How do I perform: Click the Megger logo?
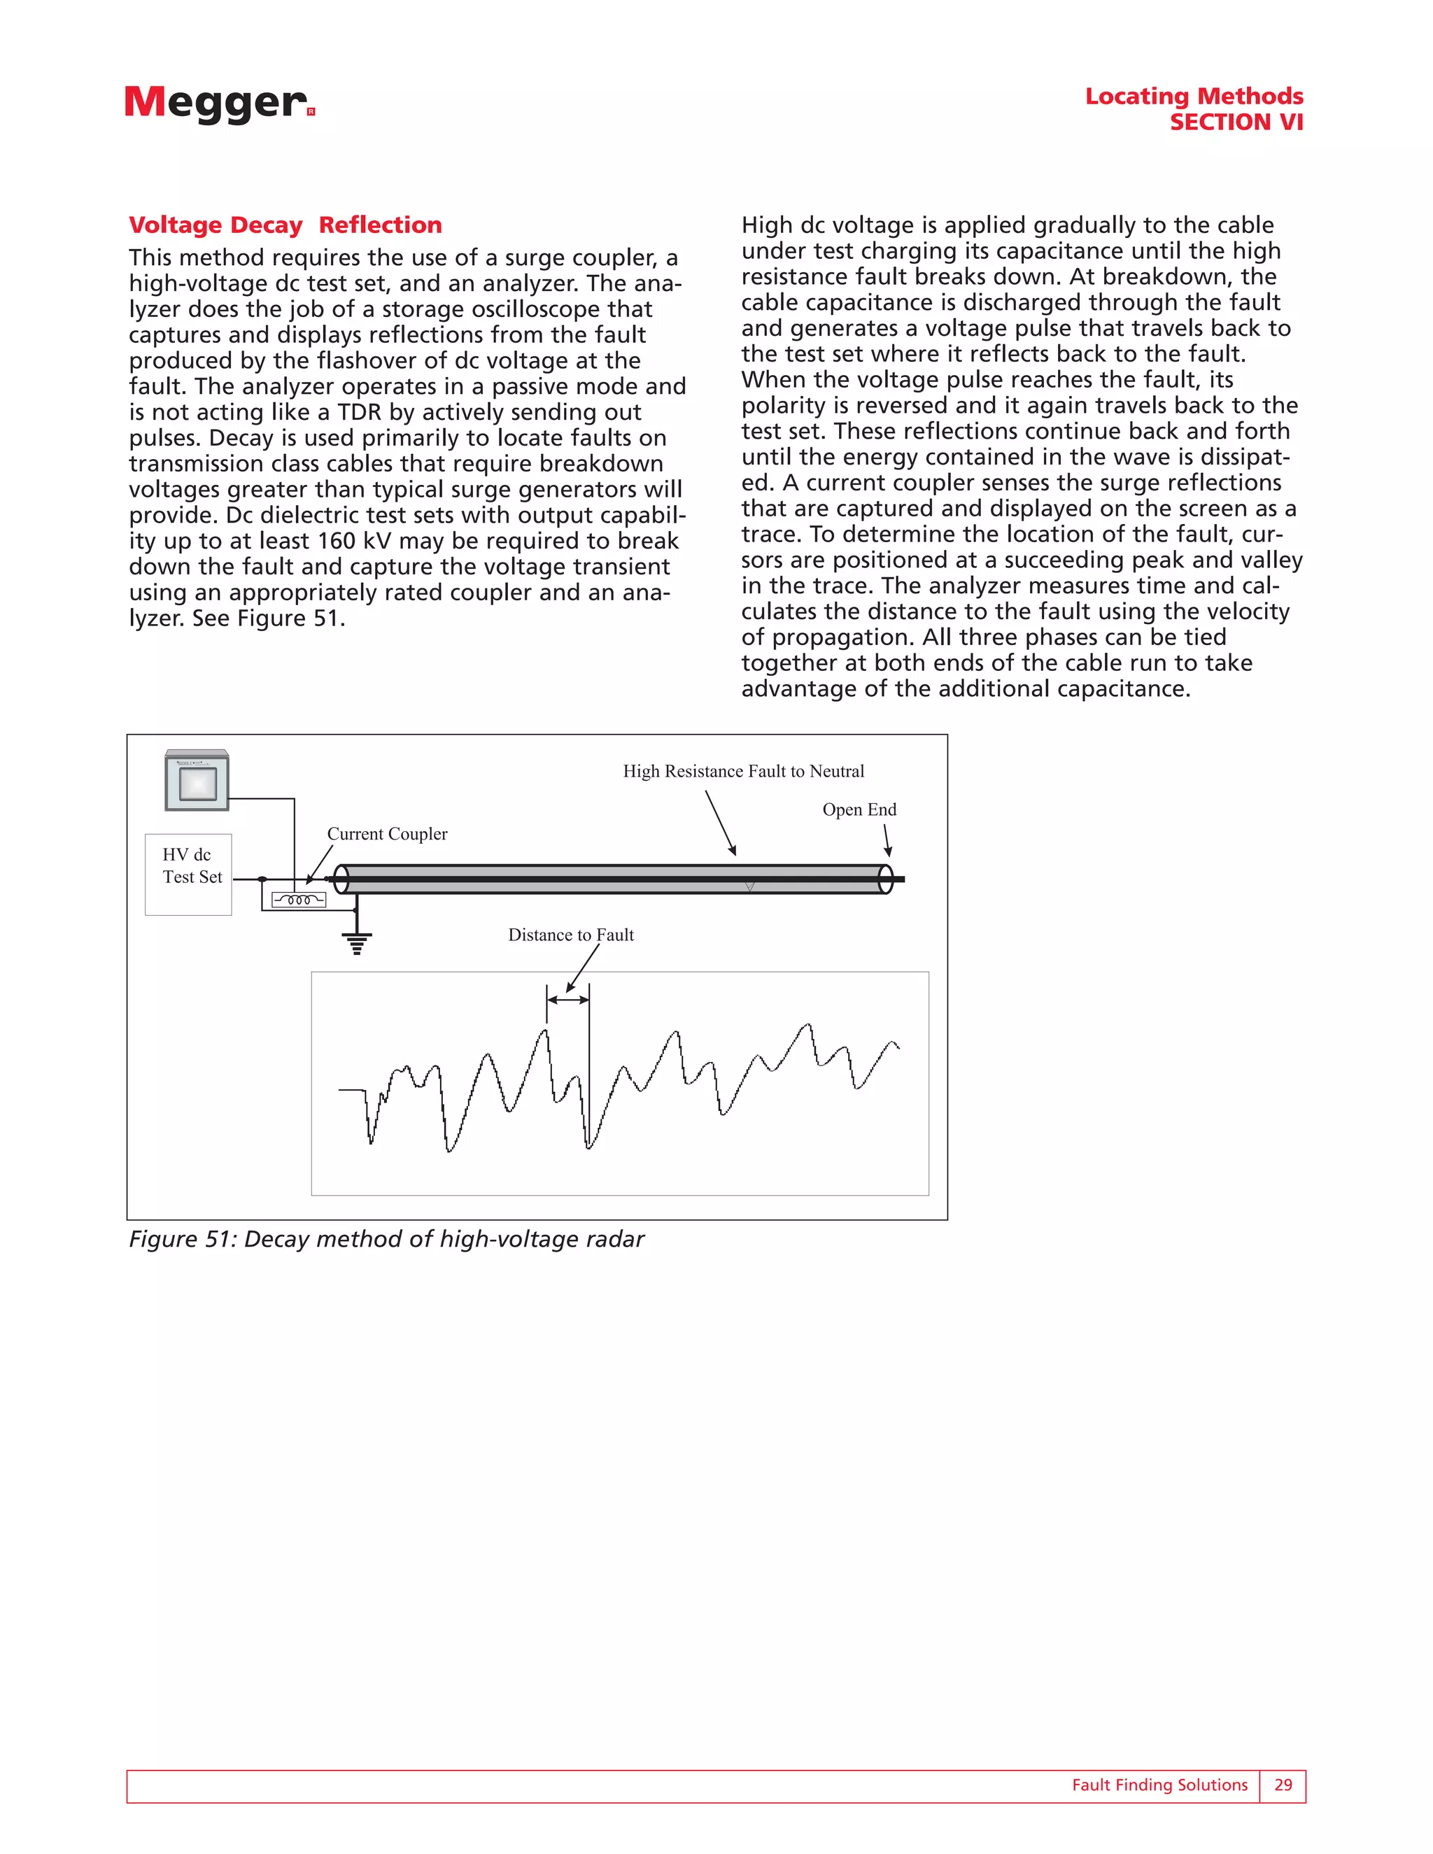point(219,104)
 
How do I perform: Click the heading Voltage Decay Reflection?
point(285,225)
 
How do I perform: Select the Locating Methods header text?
point(1194,96)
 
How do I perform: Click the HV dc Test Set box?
point(188,874)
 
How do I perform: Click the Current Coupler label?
point(387,834)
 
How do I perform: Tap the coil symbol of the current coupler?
point(299,900)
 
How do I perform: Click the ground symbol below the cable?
point(357,942)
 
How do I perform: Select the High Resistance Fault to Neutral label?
point(743,771)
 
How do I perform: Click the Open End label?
point(859,809)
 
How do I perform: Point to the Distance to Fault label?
point(570,935)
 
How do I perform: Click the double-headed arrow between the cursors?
point(568,1000)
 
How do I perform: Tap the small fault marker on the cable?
point(749,886)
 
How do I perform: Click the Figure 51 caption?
point(386,1240)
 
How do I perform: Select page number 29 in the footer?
point(1283,1785)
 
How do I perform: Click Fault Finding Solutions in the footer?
point(1159,1785)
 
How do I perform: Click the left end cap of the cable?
point(341,879)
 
